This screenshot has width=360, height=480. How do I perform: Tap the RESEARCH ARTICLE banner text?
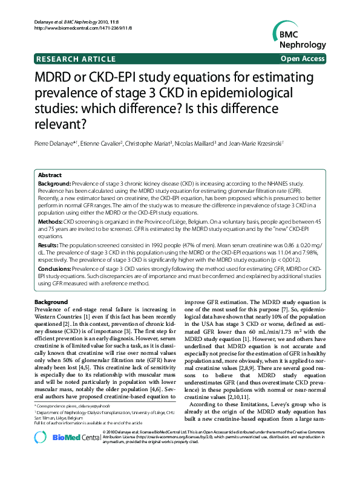pos(76,59)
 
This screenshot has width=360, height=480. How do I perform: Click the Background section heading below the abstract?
pos(51,301)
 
